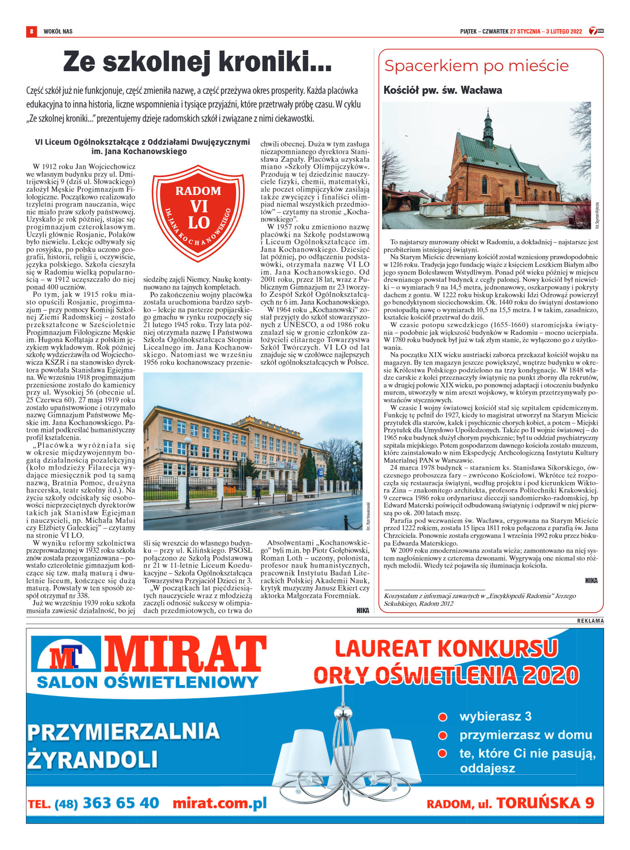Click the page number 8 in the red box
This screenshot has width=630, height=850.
[x=31, y=32]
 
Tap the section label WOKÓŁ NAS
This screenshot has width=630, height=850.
[x=58, y=32]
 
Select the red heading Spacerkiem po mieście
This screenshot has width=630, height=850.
[x=476, y=66]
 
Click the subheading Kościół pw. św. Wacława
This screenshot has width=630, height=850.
[x=442, y=90]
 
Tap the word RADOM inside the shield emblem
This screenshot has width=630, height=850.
[x=198, y=191]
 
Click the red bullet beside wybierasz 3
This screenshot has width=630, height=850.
[x=443, y=717]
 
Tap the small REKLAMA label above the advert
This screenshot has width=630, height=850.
[x=590, y=621]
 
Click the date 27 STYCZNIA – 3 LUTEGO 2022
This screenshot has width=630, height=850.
[x=545, y=32]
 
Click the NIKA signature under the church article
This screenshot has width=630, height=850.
[x=591, y=581]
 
